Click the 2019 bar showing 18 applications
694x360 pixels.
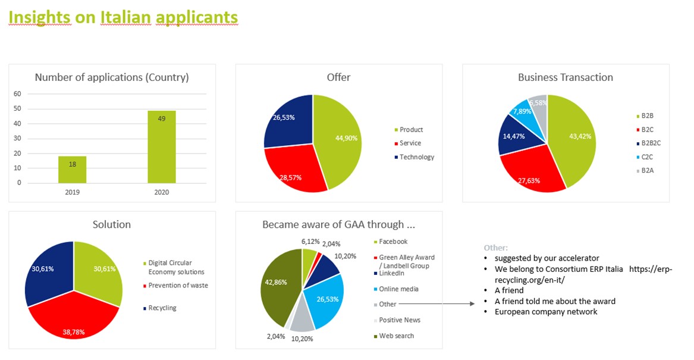tap(72, 170)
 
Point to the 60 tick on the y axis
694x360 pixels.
tap(17, 94)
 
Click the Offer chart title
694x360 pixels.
tap(338, 77)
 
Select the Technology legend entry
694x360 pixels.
tap(417, 157)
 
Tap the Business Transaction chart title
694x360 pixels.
tap(565, 77)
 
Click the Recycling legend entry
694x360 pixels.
tap(162, 308)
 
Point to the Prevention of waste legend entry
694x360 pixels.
tap(178, 286)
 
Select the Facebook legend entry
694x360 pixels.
tap(393, 242)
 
